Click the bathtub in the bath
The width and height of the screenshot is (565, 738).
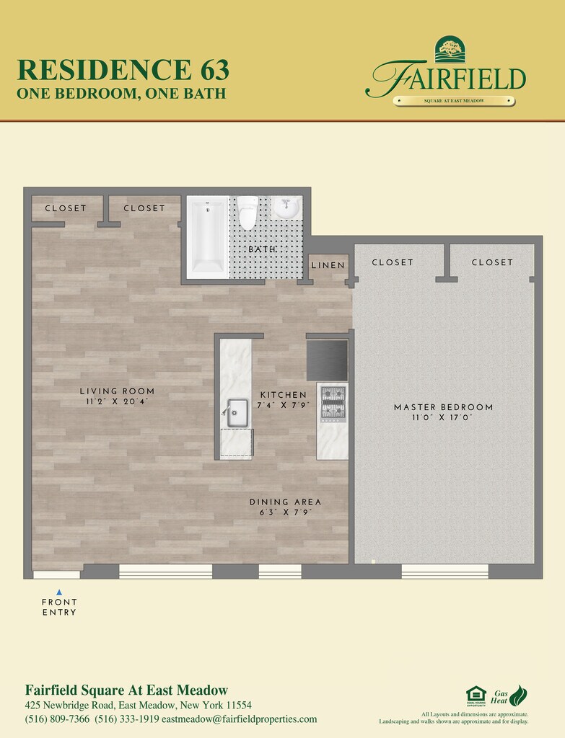(208, 236)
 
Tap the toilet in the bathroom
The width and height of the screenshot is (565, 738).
(248, 213)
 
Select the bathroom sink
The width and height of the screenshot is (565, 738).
(286, 208)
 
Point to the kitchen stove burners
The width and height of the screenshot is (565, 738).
(333, 404)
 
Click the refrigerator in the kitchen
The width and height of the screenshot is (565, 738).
(327, 360)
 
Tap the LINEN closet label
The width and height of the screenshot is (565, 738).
(328, 265)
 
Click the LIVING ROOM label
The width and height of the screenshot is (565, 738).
(117, 391)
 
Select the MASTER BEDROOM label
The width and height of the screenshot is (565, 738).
(443, 407)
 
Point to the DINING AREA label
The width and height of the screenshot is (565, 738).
(285, 502)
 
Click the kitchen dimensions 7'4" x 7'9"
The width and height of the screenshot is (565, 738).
(282, 406)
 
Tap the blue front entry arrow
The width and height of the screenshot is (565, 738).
(59, 592)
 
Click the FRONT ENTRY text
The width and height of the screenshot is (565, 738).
(59, 607)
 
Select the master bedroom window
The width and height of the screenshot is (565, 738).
(444, 572)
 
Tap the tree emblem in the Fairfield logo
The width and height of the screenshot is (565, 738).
(450, 50)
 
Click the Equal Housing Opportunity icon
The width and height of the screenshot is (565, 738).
(476, 696)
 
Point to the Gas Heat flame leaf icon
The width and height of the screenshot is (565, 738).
(518, 695)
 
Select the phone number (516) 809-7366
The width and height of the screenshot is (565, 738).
(57, 719)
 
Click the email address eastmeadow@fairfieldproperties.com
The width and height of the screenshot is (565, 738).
(239, 719)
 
